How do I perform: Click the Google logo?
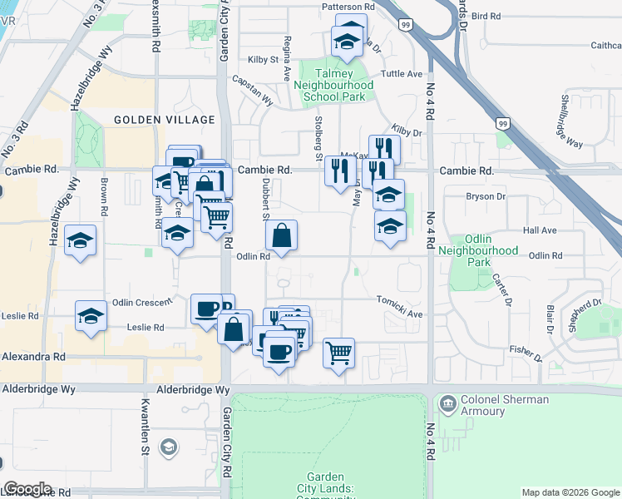click(27, 488)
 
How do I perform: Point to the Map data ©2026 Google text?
click(570, 492)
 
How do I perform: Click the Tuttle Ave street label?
click(402, 74)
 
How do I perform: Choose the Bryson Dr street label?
click(486, 196)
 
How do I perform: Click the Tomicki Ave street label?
click(401, 308)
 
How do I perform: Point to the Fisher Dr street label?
click(526, 353)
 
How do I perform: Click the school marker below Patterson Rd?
click(348, 39)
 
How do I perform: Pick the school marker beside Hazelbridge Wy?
click(81, 241)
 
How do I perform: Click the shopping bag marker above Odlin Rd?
click(282, 235)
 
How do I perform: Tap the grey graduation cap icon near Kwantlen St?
click(168, 448)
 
